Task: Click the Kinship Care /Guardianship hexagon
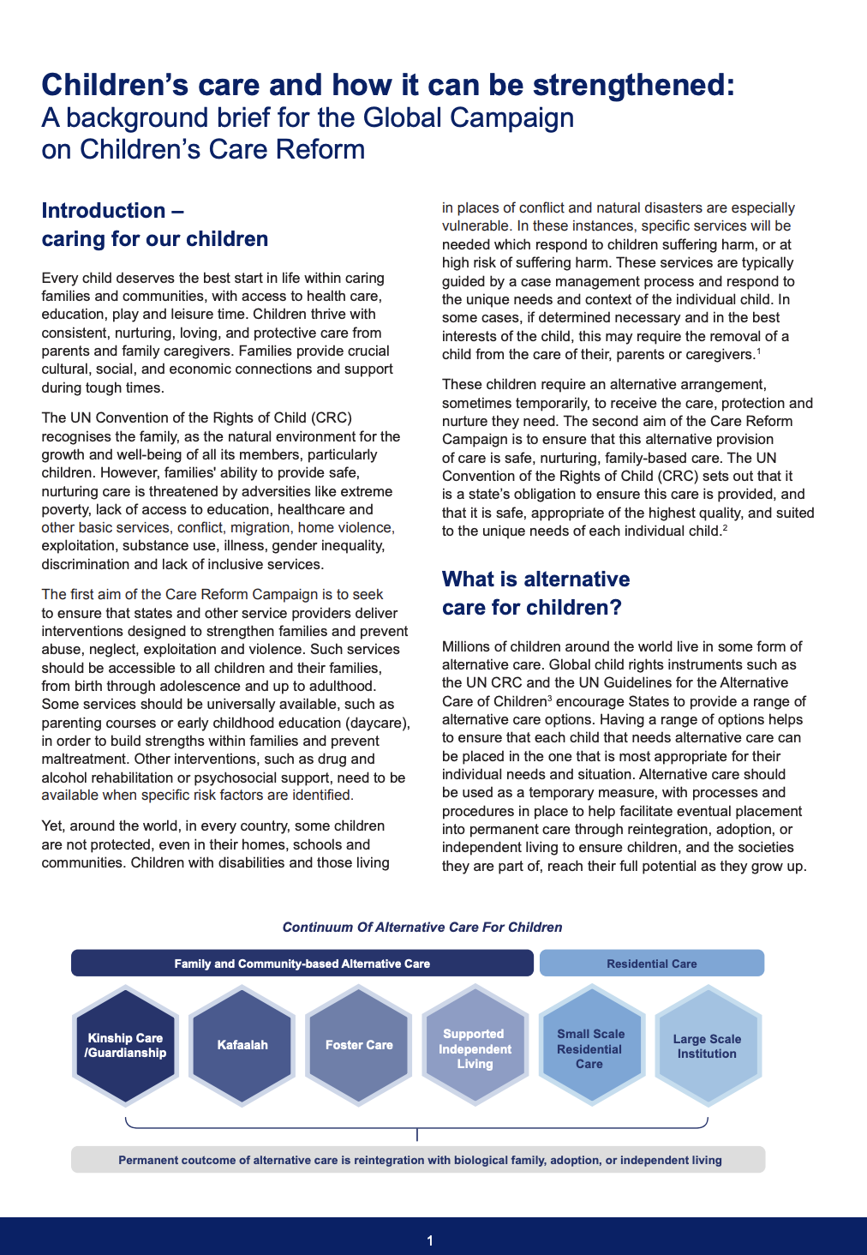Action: (x=125, y=1045)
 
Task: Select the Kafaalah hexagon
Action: (x=242, y=1045)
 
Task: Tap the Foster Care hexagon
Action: (x=359, y=1045)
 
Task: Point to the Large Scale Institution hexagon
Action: (x=707, y=1046)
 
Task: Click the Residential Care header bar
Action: (x=651, y=964)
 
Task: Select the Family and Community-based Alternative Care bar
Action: (x=302, y=964)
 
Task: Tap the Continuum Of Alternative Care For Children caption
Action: (x=422, y=928)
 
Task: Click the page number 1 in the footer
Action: (x=430, y=1240)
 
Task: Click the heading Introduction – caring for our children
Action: (x=154, y=225)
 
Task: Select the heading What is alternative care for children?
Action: (x=535, y=593)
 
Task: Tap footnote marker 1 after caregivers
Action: (x=758, y=351)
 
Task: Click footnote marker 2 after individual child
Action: (x=725, y=528)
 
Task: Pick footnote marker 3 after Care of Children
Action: (x=549, y=699)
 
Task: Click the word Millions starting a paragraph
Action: (x=469, y=646)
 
